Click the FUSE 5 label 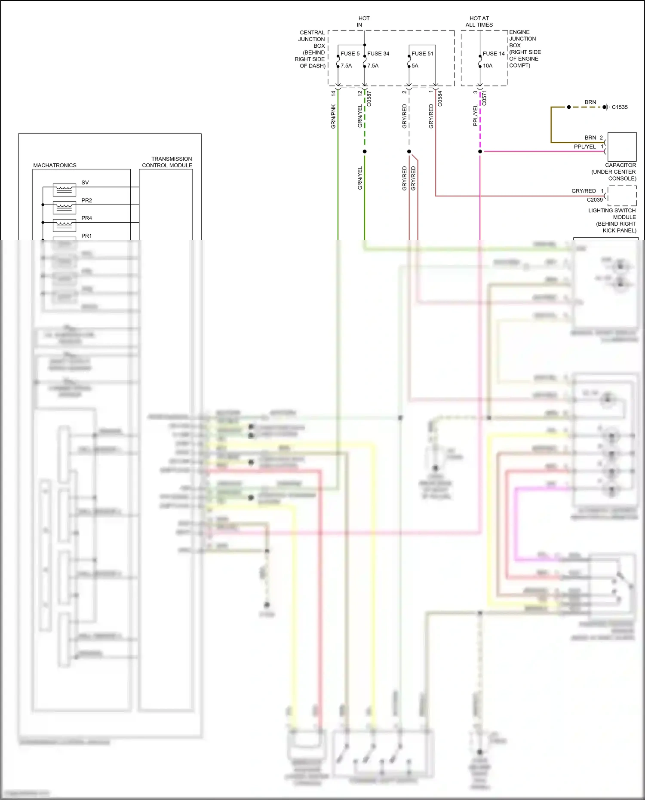click(350, 54)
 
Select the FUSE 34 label click(378, 54)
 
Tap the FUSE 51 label click(422, 54)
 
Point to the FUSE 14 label click(493, 54)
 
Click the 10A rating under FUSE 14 click(488, 66)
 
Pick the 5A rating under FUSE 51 click(415, 66)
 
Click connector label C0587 click(369, 98)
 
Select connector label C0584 click(440, 98)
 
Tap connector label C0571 click(484, 98)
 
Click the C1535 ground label click(620, 107)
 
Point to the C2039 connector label click(595, 200)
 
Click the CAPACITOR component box click(622, 147)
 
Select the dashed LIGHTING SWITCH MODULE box click(622, 196)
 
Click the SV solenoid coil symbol click(64, 190)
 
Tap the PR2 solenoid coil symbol click(64, 208)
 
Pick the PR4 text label click(86, 218)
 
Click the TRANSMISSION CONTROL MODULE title click(167, 162)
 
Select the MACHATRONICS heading click(55, 166)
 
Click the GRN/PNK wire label click(333, 116)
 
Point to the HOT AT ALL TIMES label click(479, 21)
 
